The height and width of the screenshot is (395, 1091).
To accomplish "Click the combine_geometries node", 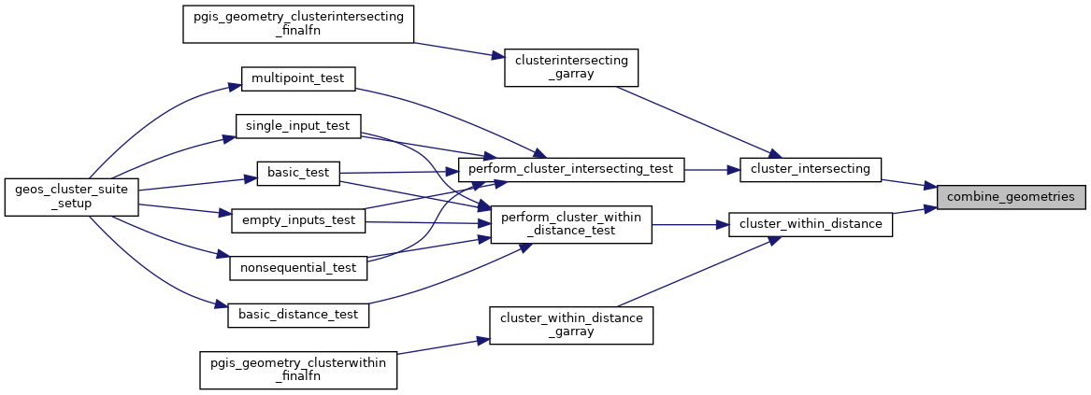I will (1012, 197).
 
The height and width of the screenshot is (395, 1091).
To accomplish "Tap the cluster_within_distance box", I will (811, 223).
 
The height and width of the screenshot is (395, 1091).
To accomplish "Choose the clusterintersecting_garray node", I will (571, 68).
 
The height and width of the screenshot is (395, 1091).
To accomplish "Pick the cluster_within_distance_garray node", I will (571, 324).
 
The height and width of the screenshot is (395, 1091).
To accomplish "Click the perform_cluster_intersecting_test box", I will (571, 169).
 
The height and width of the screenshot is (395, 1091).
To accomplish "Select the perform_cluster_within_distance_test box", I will (571, 223).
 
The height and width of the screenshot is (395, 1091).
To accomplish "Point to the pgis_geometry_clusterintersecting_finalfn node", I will (298, 24).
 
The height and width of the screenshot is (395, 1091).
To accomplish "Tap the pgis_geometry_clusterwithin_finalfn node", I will (298, 369).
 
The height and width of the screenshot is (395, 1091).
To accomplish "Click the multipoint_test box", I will (298, 78).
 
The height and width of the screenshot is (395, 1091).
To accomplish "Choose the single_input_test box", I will (298, 125).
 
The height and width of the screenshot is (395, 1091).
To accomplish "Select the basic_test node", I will (298, 173).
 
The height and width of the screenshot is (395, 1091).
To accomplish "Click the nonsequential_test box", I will (298, 268).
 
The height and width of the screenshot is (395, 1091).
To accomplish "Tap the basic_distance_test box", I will (298, 315).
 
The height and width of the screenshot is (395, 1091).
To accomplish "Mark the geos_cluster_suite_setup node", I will (72, 196).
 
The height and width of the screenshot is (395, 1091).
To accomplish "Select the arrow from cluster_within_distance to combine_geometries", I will (914, 211).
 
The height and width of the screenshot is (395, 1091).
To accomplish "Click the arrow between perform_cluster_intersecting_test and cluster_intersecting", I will (712, 170).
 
